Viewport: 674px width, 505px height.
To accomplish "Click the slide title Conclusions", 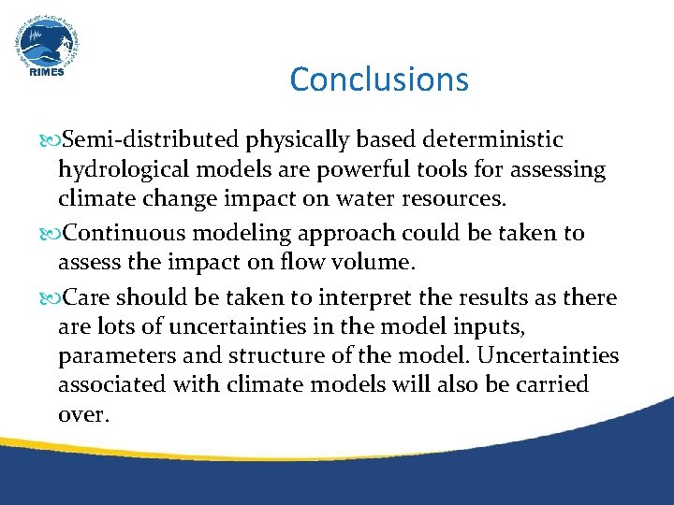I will (x=379, y=79).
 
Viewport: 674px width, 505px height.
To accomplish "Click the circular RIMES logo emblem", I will (x=46, y=44).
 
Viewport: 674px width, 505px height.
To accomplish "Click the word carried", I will (x=551, y=385).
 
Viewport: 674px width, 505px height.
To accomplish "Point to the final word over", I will (x=83, y=414).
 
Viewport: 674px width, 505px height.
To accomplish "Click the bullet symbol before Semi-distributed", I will (x=49, y=141).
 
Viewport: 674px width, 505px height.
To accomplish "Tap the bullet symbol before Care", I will (x=49, y=298).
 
